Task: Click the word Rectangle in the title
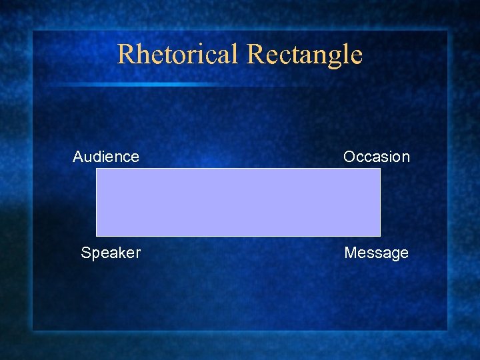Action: (305, 55)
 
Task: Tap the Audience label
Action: (106, 157)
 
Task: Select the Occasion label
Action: (377, 157)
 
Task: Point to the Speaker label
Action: (111, 253)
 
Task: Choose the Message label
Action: (376, 253)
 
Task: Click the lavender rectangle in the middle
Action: (238, 202)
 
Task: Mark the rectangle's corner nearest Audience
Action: (97, 169)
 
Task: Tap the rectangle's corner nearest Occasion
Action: (379, 169)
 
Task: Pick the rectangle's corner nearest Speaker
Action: (97, 235)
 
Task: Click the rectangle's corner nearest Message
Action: (379, 235)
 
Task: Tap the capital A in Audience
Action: (78, 157)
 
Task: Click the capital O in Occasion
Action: (349, 157)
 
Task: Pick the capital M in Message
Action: (351, 253)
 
